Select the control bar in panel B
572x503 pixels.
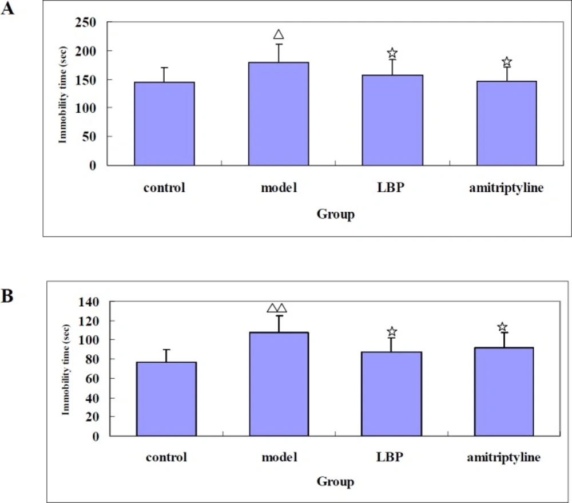[166, 398]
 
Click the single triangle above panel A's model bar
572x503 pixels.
[279, 35]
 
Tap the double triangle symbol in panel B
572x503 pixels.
[277, 308]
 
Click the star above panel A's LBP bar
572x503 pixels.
[392, 54]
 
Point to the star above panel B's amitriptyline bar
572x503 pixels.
[502, 327]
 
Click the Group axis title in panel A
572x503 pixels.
[335, 215]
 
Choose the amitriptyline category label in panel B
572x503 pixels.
[502, 458]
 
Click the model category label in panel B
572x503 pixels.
[279, 458]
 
